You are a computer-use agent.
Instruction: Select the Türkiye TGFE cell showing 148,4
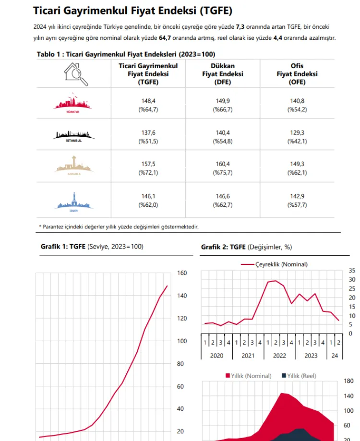coord(148,101)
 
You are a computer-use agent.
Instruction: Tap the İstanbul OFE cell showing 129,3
coord(297,132)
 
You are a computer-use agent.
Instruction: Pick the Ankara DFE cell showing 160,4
coord(222,164)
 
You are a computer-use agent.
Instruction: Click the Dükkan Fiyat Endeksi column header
coord(222,74)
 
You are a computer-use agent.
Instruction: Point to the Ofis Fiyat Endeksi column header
coord(297,74)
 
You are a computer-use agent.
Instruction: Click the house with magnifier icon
coord(75,74)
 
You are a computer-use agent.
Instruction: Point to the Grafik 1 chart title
coord(92,246)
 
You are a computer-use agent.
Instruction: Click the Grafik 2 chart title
coord(246,247)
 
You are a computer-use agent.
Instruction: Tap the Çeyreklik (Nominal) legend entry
coord(275,264)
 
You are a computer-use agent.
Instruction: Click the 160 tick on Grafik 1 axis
coord(182,273)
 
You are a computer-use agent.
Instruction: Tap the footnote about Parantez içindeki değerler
coord(119,226)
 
